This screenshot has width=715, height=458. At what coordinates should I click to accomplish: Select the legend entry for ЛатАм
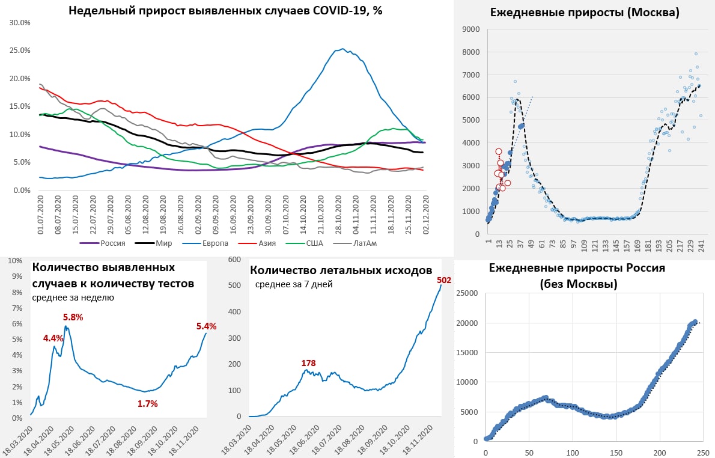364,243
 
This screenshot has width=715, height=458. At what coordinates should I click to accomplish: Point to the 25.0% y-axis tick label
20,50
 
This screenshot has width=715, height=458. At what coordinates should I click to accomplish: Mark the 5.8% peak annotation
73,317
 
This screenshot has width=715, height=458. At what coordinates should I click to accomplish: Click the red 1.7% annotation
147,404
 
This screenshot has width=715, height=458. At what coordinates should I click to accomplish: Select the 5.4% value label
206,326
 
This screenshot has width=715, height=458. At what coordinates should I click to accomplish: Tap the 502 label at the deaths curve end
444,280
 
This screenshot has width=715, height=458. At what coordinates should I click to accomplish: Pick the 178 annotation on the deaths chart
308,363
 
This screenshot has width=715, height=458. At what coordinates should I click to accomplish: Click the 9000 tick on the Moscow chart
470,29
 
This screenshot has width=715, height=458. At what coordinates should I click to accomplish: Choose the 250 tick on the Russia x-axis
703,452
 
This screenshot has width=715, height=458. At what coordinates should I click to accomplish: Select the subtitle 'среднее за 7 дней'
294,284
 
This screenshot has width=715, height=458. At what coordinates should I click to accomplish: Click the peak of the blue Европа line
342,49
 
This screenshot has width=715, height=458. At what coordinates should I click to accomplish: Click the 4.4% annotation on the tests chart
53,338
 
